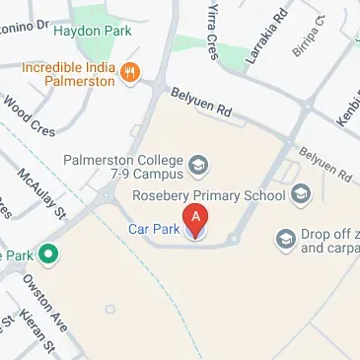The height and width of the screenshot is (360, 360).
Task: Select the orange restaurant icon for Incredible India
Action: [132, 71]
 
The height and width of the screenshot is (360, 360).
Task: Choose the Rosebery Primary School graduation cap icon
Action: [300, 192]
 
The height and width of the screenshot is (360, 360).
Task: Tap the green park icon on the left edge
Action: [46, 253]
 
